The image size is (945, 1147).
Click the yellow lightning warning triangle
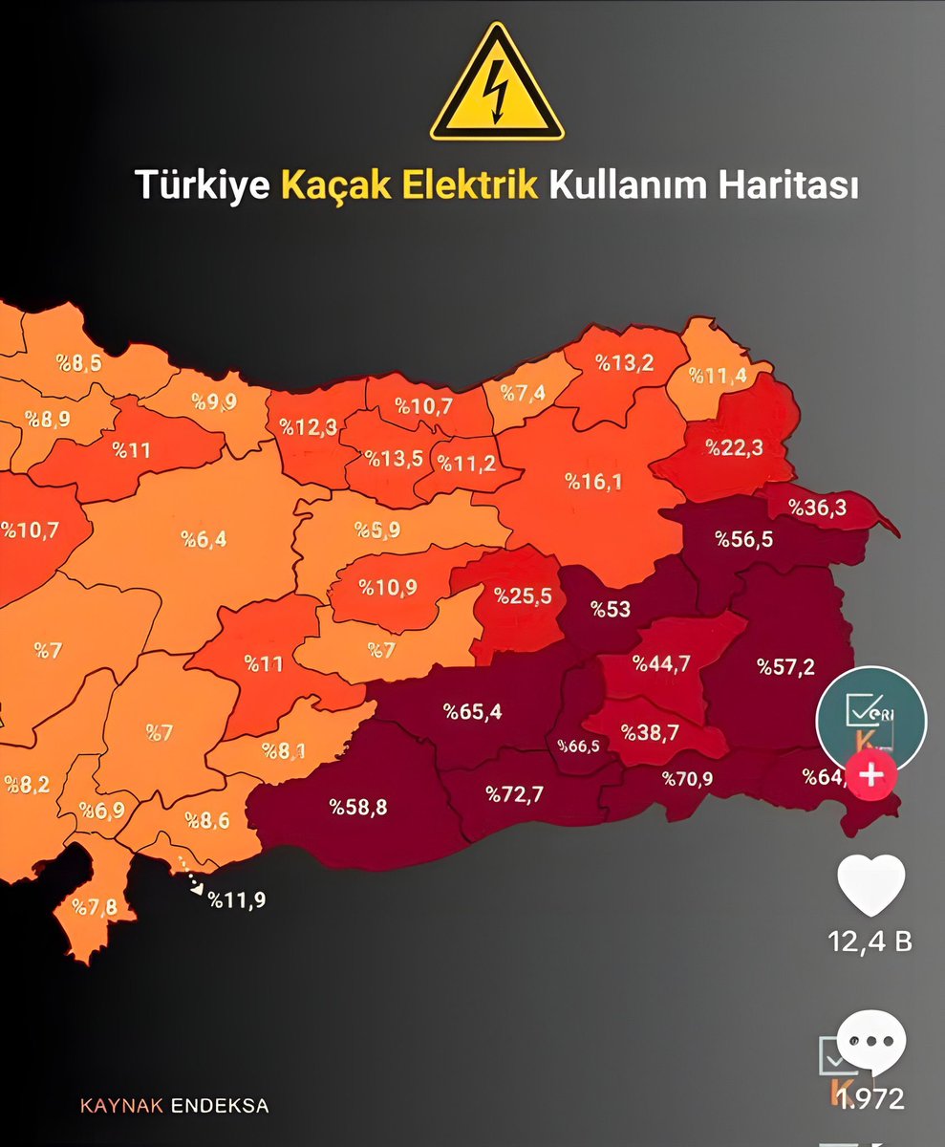tap(496, 86)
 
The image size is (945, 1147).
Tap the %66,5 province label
tap(578, 746)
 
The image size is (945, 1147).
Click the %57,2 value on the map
tap(786, 666)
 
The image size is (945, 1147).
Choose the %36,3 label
tap(819, 508)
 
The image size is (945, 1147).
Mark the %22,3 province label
tap(734, 446)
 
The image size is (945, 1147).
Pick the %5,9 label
tap(376, 529)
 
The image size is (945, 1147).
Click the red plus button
tap(870, 774)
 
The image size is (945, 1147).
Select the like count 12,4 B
tap(870, 941)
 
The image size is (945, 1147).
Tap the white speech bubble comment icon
tap(870, 1041)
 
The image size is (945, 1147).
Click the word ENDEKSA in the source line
tap(220, 1106)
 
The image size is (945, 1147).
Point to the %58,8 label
tap(358, 807)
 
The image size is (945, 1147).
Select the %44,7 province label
tap(661, 663)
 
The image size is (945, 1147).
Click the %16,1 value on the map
tap(592, 481)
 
